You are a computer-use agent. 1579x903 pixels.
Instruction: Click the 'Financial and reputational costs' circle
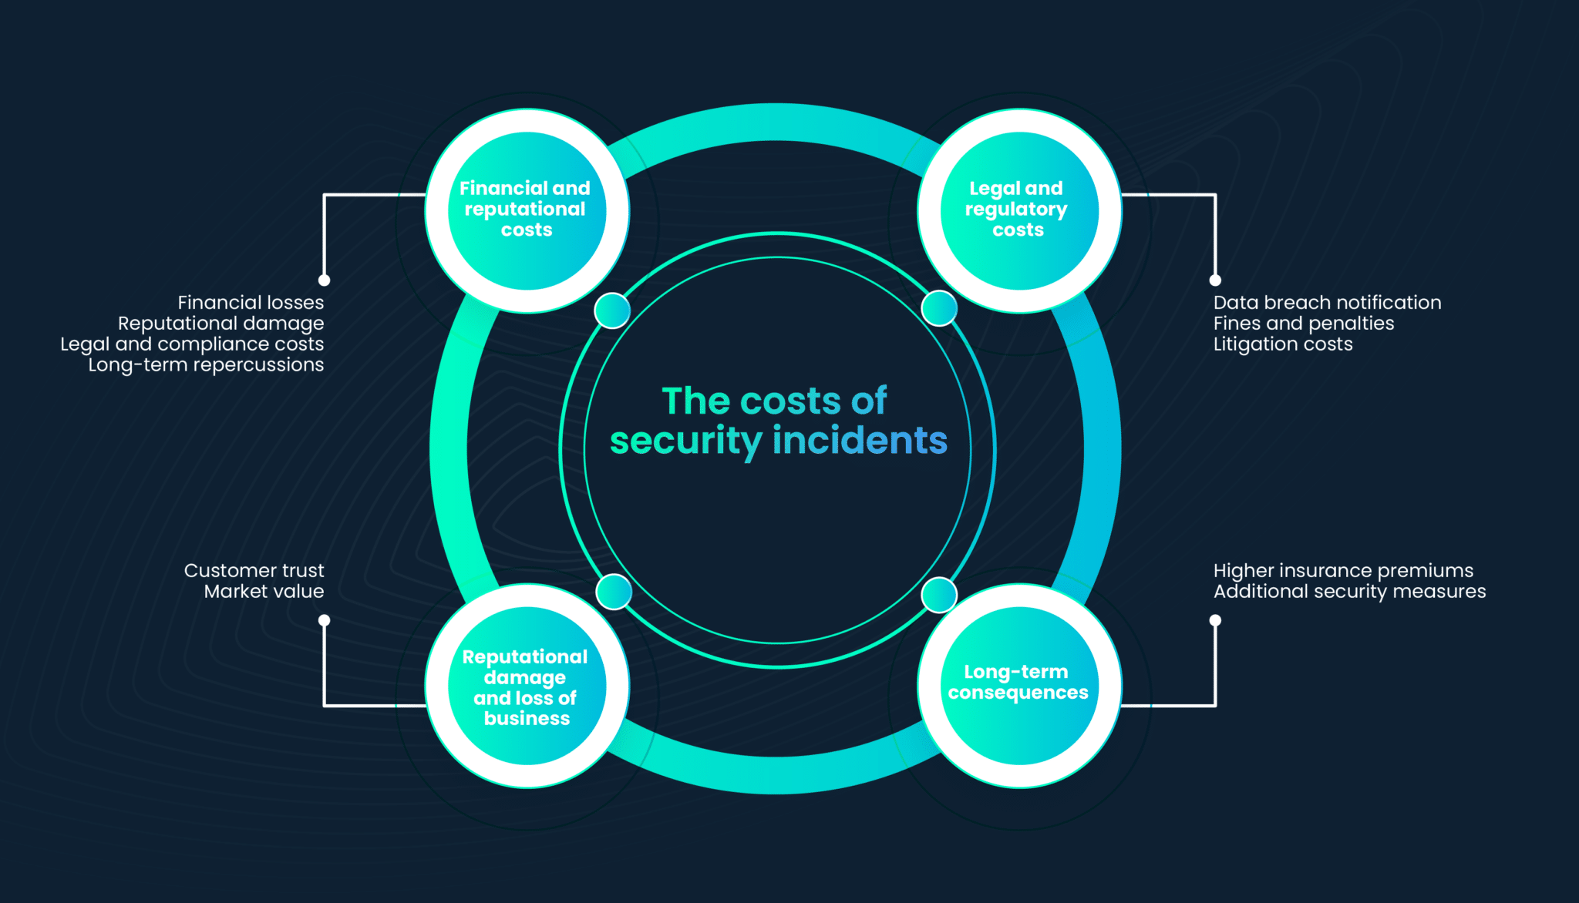coord(527,210)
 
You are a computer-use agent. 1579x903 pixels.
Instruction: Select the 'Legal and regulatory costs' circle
coord(1019,210)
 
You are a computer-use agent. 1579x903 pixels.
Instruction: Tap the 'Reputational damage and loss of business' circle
coord(527,686)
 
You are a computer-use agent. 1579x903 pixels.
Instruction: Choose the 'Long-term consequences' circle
coord(1019,686)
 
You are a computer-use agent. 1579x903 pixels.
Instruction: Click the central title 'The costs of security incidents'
coord(778,421)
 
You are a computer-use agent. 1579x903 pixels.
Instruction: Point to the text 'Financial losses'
coord(251,302)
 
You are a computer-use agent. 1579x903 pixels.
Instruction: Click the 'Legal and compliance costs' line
coord(192,344)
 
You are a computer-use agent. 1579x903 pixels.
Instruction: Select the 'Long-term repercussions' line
coord(206,365)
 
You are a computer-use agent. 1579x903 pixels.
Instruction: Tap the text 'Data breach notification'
coord(1327,302)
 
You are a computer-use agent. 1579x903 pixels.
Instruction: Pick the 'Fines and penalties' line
coord(1304,324)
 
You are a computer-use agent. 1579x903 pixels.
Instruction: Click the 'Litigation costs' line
coord(1283,344)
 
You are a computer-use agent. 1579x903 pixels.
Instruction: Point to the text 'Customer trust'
coord(254,570)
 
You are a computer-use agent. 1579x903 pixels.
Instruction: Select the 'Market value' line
coord(264,591)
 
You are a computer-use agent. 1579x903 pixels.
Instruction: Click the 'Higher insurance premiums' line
coord(1343,571)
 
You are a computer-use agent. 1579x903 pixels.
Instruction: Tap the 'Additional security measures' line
coord(1349,591)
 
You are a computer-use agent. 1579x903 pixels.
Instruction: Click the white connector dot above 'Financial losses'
coord(325,280)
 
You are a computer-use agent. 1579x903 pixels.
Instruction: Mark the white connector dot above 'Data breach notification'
coord(1215,280)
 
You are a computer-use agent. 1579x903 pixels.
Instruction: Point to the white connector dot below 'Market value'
coord(325,620)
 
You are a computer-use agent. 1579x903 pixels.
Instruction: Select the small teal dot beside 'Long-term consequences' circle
coord(939,595)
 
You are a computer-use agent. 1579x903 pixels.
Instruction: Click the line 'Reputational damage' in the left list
coord(221,324)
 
